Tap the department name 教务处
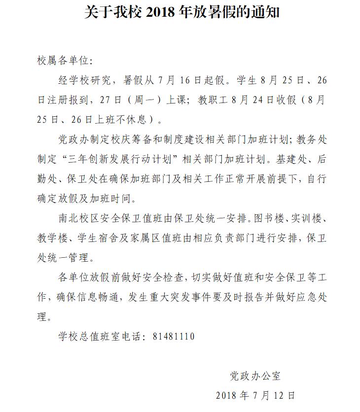pyautogui.click(x=312, y=139)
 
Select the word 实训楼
pyautogui.click(x=306, y=218)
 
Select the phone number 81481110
pyautogui.click(x=174, y=337)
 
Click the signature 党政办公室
pyautogui.click(x=255, y=376)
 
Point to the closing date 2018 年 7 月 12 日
pyautogui.click(x=255, y=396)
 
